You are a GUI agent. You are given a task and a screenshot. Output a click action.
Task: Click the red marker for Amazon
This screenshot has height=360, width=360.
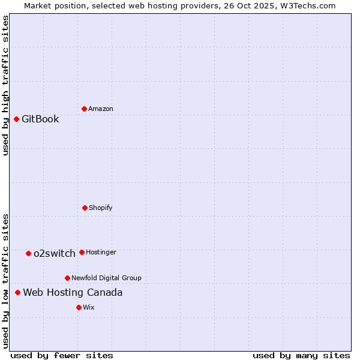coord(84,109)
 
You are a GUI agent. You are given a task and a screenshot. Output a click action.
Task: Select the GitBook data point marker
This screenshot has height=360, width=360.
coord(16,119)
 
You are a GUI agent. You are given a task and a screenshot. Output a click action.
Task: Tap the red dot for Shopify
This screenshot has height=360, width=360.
coord(85,208)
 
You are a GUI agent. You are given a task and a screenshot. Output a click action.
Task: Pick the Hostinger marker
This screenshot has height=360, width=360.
coord(82,252)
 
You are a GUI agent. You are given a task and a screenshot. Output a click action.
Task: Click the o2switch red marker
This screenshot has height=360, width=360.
coord(28,253)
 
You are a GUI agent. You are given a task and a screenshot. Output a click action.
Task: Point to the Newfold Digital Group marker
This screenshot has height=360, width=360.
coord(67,278)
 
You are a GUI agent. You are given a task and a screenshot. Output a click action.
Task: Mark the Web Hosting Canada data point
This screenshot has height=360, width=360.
coord(17,292)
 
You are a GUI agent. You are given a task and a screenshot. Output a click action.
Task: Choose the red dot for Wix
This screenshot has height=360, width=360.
coord(79,307)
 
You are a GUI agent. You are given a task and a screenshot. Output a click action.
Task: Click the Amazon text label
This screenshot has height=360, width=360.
coord(101,109)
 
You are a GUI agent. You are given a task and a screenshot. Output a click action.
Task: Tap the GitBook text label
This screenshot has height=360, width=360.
coord(40,119)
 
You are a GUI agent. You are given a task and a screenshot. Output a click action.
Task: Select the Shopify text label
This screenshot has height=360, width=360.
coord(101,208)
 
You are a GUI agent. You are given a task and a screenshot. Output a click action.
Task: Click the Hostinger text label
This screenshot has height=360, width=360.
coord(101,252)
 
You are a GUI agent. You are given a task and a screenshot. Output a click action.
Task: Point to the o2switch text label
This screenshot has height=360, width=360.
coord(55,253)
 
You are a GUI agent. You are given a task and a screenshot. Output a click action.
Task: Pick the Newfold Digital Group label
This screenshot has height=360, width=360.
coord(106,278)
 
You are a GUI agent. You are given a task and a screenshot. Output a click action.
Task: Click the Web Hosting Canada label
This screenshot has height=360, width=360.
coord(73,292)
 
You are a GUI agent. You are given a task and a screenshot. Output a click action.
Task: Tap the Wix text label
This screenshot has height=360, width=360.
coord(89,307)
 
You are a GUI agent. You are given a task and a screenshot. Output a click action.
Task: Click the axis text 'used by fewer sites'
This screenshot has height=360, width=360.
coord(62,355)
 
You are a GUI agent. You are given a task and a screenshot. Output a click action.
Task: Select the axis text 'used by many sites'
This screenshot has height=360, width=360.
coord(301,355)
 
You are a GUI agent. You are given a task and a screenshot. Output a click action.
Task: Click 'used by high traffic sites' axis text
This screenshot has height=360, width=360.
coord(5,85)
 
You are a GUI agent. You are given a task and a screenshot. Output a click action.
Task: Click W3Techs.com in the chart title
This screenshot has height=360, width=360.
coord(308,5)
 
